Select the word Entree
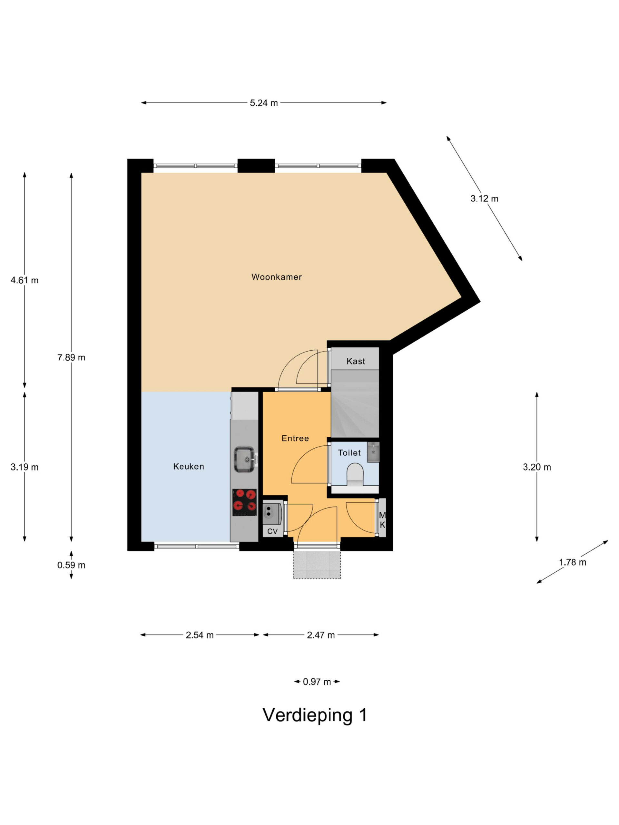click(295, 438)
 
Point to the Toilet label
click(349, 453)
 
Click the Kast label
click(356, 361)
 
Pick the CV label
click(272, 531)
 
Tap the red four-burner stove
click(244, 502)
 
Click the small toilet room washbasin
click(373, 452)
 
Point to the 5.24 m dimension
click(264, 103)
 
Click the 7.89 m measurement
click(71, 357)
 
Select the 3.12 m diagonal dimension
click(484, 199)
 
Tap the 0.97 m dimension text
click(317, 682)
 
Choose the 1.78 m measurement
click(572, 562)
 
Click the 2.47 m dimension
click(321, 635)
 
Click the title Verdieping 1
click(315, 715)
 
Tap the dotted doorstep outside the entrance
click(317, 565)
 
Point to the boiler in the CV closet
click(272, 513)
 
